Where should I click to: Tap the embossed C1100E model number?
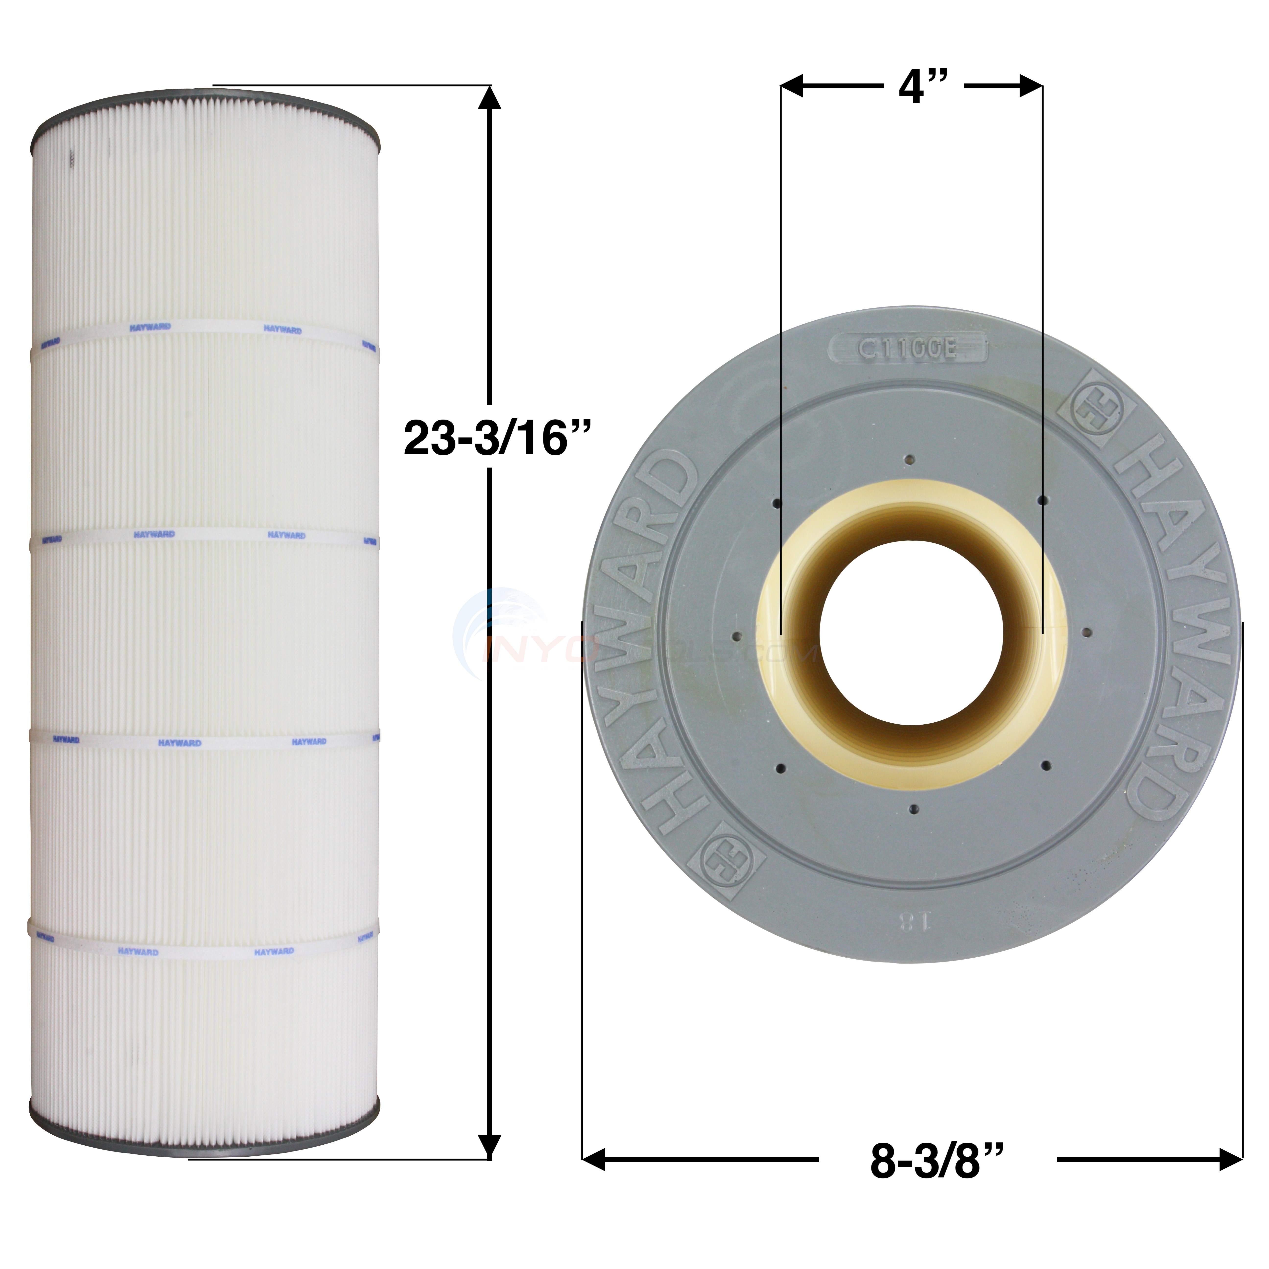908,349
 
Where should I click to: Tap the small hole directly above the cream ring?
910,460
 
